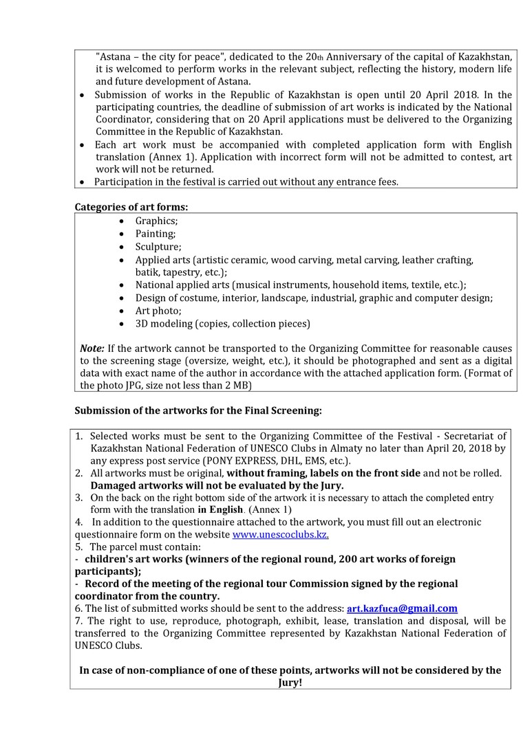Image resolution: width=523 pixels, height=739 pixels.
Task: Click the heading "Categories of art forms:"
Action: pos(131,206)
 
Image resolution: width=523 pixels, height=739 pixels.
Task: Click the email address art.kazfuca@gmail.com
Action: pos(402,608)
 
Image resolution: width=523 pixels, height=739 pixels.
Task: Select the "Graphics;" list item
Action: pos(156,221)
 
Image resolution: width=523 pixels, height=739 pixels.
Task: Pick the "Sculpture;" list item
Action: pos(158,247)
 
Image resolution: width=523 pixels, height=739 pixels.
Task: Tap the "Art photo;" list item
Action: pos(158,311)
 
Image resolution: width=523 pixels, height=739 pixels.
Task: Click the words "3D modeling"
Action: pos(169,324)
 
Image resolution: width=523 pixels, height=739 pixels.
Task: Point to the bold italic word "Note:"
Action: pos(92,348)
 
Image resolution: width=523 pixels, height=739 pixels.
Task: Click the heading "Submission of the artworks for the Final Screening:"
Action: pos(198,411)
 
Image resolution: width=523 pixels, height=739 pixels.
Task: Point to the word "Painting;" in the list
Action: pos(156,234)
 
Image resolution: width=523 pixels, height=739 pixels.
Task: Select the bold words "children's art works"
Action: pos(134,559)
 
